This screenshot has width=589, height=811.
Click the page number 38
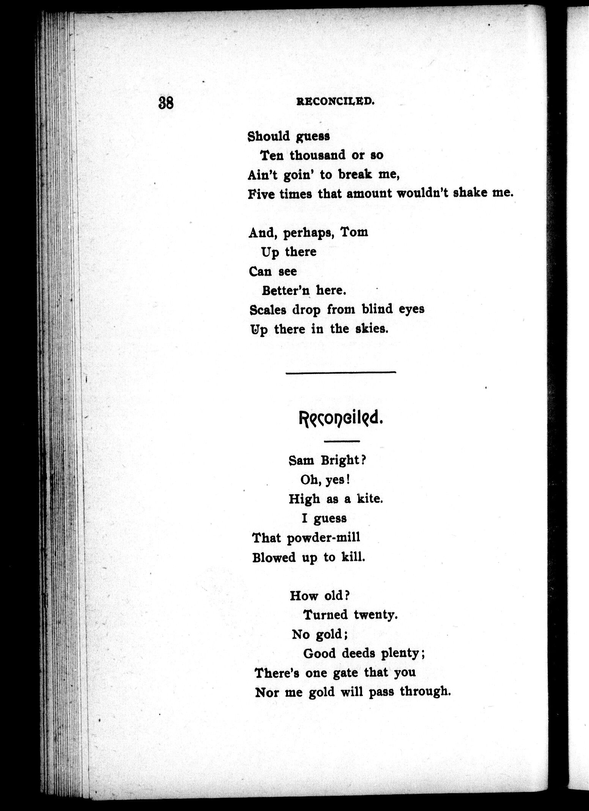[x=166, y=103]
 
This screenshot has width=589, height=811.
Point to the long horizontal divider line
[x=340, y=372]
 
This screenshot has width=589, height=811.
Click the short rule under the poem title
[x=342, y=441]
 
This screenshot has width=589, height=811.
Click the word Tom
[x=354, y=232]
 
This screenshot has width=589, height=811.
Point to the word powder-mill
[x=323, y=537]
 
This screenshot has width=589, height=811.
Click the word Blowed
[x=274, y=557]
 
